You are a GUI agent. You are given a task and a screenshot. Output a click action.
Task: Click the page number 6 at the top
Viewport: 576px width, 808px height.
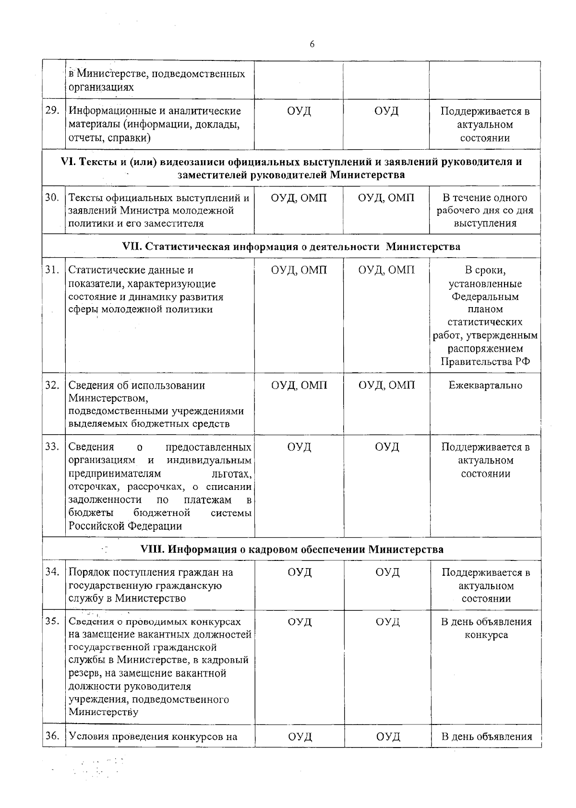click(312, 45)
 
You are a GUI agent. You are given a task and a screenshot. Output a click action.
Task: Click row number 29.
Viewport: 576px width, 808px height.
click(52, 111)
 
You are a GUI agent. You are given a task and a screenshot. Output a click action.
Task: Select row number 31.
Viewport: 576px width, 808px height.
click(52, 270)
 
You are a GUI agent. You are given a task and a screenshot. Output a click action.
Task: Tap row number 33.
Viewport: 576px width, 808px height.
click(52, 447)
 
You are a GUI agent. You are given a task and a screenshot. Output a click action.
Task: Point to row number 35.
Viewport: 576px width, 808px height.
click(52, 621)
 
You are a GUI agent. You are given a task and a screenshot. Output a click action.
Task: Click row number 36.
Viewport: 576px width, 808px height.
click(52, 737)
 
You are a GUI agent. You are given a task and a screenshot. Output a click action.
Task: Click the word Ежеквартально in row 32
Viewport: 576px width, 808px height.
click(485, 385)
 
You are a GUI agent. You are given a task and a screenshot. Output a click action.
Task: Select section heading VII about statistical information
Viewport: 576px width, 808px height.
click(291, 247)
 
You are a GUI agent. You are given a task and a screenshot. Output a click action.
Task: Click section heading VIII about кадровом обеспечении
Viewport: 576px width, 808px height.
click(291, 549)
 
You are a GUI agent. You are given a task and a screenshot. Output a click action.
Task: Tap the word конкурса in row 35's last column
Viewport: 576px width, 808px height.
click(486, 635)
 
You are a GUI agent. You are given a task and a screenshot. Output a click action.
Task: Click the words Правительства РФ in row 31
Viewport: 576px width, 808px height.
click(485, 362)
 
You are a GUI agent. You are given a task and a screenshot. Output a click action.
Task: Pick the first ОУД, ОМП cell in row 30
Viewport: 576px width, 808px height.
click(299, 198)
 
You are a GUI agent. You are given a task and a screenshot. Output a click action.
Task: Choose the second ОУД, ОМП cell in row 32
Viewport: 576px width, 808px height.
click(386, 385)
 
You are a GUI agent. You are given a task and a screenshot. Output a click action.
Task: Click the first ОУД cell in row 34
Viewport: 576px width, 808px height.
click(300, 572)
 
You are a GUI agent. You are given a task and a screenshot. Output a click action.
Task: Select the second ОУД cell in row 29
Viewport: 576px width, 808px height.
click(386, 111)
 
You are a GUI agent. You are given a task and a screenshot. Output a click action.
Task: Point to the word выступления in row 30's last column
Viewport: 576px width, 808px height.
click(485, 223)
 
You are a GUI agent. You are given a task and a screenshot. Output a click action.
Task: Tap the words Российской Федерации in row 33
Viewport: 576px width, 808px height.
click(125, 526)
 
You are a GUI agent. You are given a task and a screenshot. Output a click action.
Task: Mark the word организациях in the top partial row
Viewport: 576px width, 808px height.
click(101, 87)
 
